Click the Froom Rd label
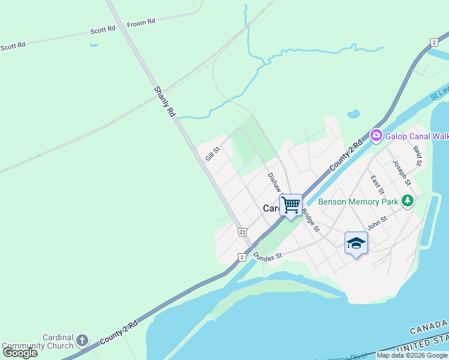coord(141,22)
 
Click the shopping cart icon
coord(291,204)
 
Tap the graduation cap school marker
coord(356,242)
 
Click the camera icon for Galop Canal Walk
coord(376,136)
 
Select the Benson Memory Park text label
coord(358,202)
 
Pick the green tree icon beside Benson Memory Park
coord(408,200)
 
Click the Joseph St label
coord(401,173)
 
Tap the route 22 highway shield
coord(243,232)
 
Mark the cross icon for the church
coord(82,341)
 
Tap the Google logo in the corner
coord(20,353)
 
